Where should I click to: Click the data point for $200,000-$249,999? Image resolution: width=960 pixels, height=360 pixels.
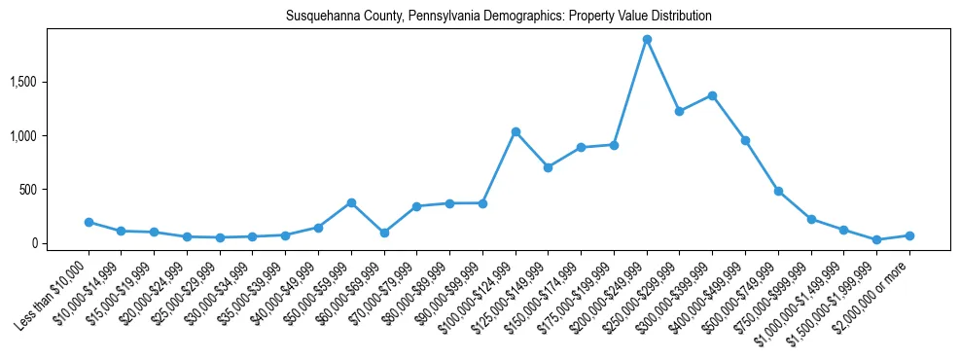[647, 40]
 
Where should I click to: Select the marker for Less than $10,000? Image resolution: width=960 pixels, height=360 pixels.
[89, 222]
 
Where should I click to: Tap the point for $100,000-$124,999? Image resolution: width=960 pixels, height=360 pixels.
[516, 131]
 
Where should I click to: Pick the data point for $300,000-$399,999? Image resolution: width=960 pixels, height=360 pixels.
[712, 95]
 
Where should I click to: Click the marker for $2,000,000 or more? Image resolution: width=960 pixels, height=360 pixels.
[909, 235]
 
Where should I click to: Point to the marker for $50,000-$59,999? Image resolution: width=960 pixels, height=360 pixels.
[351, 202]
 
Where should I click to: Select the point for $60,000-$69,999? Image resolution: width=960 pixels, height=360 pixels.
[384, 233]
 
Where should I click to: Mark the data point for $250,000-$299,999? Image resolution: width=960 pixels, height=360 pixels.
[679, 111]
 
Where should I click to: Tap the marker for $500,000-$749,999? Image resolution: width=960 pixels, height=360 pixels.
[778, 191]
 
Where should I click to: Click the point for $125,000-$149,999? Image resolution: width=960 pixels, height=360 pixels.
[549, 167]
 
